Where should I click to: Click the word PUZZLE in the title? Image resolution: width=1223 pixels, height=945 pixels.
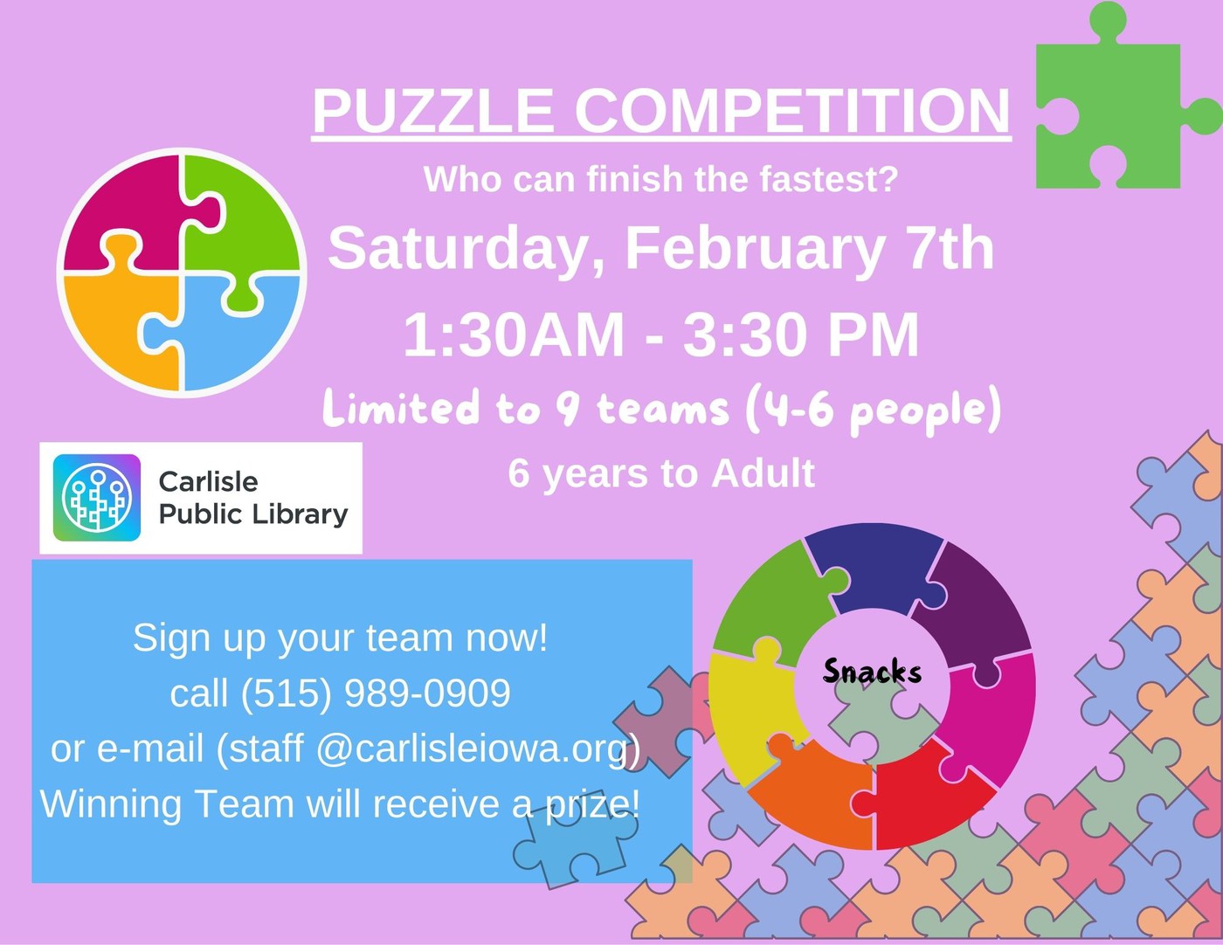pyautogui.click(x=433, y=111)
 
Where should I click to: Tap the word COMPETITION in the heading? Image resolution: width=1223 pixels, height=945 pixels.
pyautogui.click(x=791, y=111)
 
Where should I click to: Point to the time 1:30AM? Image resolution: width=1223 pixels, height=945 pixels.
pyautogui.click(x=514, y=335)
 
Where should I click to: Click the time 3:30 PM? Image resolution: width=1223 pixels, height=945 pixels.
pyautogui.click(x=801, y=335)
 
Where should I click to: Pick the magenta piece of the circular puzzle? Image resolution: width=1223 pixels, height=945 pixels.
pyautogui.click(x=122, y=210)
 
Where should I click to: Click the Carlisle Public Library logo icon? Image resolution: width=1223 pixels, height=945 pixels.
pyautogui.click(x=97, y=498)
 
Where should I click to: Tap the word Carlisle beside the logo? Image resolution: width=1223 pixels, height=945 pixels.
pyautogui.click(x=208, y=481)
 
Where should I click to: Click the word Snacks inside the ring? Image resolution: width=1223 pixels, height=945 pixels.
pyautogui.click(x=872, y=672)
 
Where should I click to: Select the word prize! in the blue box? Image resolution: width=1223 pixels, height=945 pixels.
pyautogui.click(x=593, y=804)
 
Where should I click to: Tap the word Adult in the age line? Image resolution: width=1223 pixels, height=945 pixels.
pyautogui.click(x=763, y=474)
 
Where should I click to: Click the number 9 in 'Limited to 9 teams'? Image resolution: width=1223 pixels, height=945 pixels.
pyautogui.click(x=568, y=408)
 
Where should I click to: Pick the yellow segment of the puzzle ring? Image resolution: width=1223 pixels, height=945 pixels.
pyautogui.click(x=747, y=707)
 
